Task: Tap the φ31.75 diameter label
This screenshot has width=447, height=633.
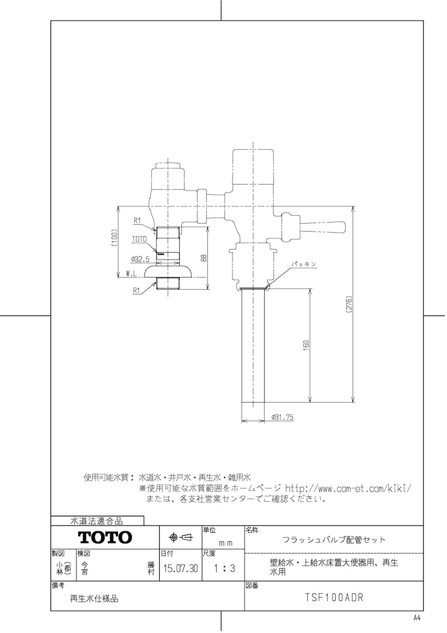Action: pos(283,417)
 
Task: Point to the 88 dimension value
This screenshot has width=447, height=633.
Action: pos(203,258)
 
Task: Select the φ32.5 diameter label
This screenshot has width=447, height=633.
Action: pos(140,259)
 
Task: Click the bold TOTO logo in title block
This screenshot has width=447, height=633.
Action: pos(105,538)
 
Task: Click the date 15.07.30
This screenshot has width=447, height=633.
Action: pos(181,569)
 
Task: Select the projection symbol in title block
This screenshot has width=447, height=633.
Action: pos(181,538)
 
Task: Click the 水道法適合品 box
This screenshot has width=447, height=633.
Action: pos(97,521)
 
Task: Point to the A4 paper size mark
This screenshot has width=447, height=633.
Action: pos(417,618)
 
